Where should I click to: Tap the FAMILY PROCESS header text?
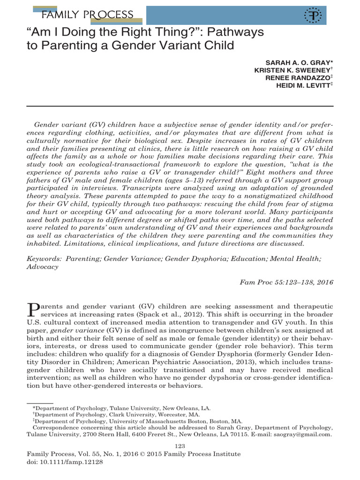[87, 15]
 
